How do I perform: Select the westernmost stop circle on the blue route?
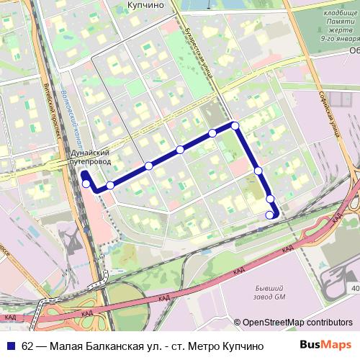pos(86,184)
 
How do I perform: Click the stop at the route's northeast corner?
pos(235,125)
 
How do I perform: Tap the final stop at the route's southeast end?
pos(270,215)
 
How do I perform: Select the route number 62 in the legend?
pos(27,346)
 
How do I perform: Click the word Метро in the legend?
pos(203,346)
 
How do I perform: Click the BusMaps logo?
pos(325,345)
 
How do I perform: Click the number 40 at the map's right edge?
pos(355,289)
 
